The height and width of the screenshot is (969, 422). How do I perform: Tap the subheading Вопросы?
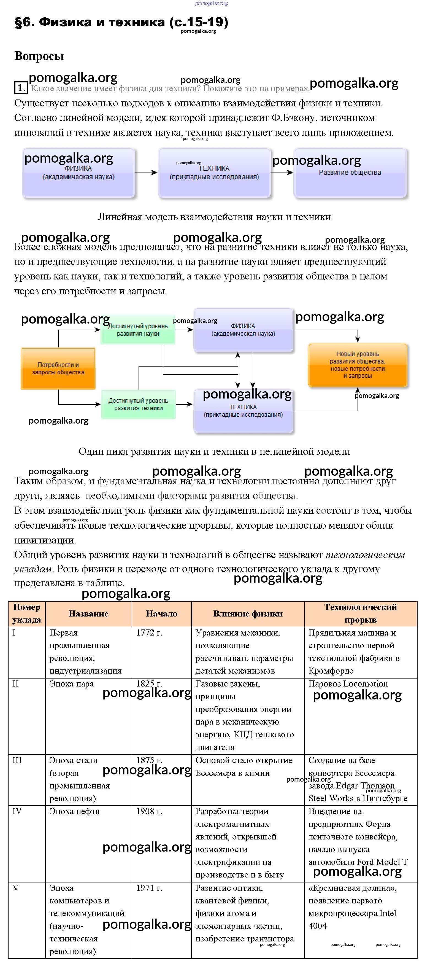(x=39, y=56)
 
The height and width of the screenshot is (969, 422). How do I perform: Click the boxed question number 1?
(x=21, y=88)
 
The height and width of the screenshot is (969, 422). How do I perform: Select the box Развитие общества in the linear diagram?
(x=350, y=173)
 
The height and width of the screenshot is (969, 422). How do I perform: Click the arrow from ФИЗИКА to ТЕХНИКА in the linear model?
(x=146, y=173)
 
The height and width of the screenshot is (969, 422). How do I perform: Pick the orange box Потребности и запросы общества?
(x=58, y=368)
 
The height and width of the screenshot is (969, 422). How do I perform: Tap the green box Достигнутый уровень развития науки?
(x=138, y=330)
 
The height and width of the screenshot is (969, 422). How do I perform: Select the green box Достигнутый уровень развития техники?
(x=138, y=404)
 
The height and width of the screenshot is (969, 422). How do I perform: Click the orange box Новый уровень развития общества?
(x=357, y=365)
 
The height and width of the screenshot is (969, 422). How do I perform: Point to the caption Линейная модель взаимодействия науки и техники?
(x=214, y=217)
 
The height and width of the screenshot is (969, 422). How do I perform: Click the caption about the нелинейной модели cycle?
(x=214, y=451)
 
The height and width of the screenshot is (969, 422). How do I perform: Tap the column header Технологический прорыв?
(x=360, y=613)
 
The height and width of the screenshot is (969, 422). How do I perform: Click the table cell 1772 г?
(x=149, y=633)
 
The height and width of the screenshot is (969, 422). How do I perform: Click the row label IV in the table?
(x=17, y=811)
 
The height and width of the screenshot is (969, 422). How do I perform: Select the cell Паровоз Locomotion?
(x=348, y=684)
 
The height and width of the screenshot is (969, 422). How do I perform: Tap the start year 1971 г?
(x=149, y=888)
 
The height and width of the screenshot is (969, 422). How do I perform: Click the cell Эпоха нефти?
(x=74, y=811)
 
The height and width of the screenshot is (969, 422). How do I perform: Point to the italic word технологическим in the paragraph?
(x=365, y=555)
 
